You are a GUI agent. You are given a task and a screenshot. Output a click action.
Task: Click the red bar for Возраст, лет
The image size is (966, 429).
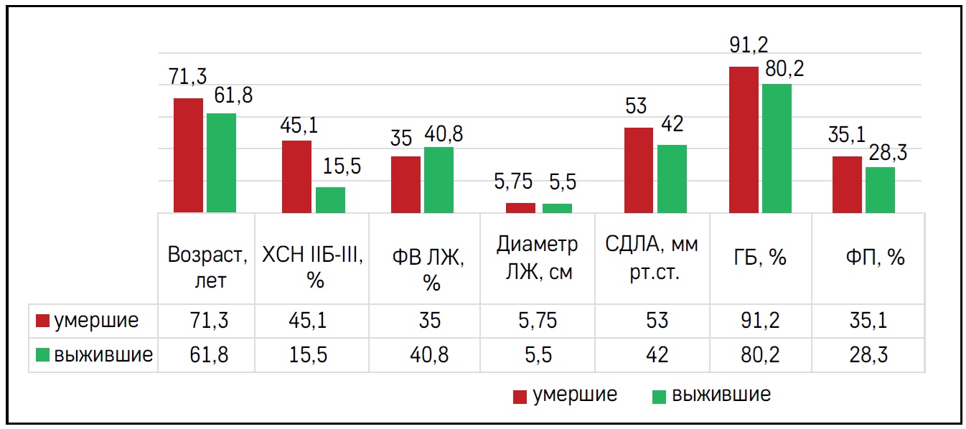point(189,155)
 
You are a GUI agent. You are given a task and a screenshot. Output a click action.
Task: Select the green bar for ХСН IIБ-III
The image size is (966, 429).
point(330,200)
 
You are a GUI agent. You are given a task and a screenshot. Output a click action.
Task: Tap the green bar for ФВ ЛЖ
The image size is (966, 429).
point(439,180)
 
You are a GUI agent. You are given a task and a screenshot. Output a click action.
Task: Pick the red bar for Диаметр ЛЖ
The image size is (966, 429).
point(520,208)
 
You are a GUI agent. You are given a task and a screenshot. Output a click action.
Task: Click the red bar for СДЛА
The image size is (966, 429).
point(639,170)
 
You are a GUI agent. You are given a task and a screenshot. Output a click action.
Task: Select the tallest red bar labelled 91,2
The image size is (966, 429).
point(744,140)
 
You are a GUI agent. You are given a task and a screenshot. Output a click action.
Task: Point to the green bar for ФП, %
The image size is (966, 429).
point(880,190)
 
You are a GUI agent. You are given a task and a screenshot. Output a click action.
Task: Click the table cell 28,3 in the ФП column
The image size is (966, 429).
point(869,354)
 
